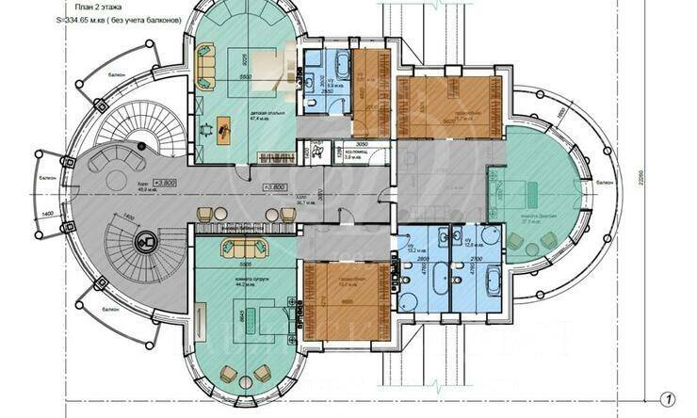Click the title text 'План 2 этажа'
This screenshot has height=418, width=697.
pos(88,6)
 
